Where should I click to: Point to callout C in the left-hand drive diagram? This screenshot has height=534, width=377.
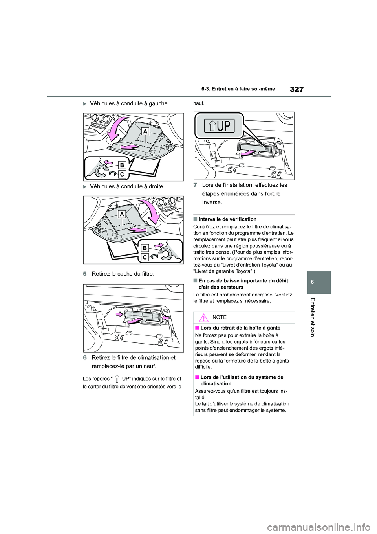click(122, 174)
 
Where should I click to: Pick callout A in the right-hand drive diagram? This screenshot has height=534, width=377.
click(122, 214)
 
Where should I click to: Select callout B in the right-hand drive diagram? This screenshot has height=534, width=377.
click(145, 248)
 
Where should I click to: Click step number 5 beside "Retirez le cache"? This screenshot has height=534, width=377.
click(85, 274)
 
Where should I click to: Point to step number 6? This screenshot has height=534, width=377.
click(85, 357)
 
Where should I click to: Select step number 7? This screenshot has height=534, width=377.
click(195, 185)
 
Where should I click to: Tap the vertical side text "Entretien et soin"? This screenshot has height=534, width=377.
click(312, 317)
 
